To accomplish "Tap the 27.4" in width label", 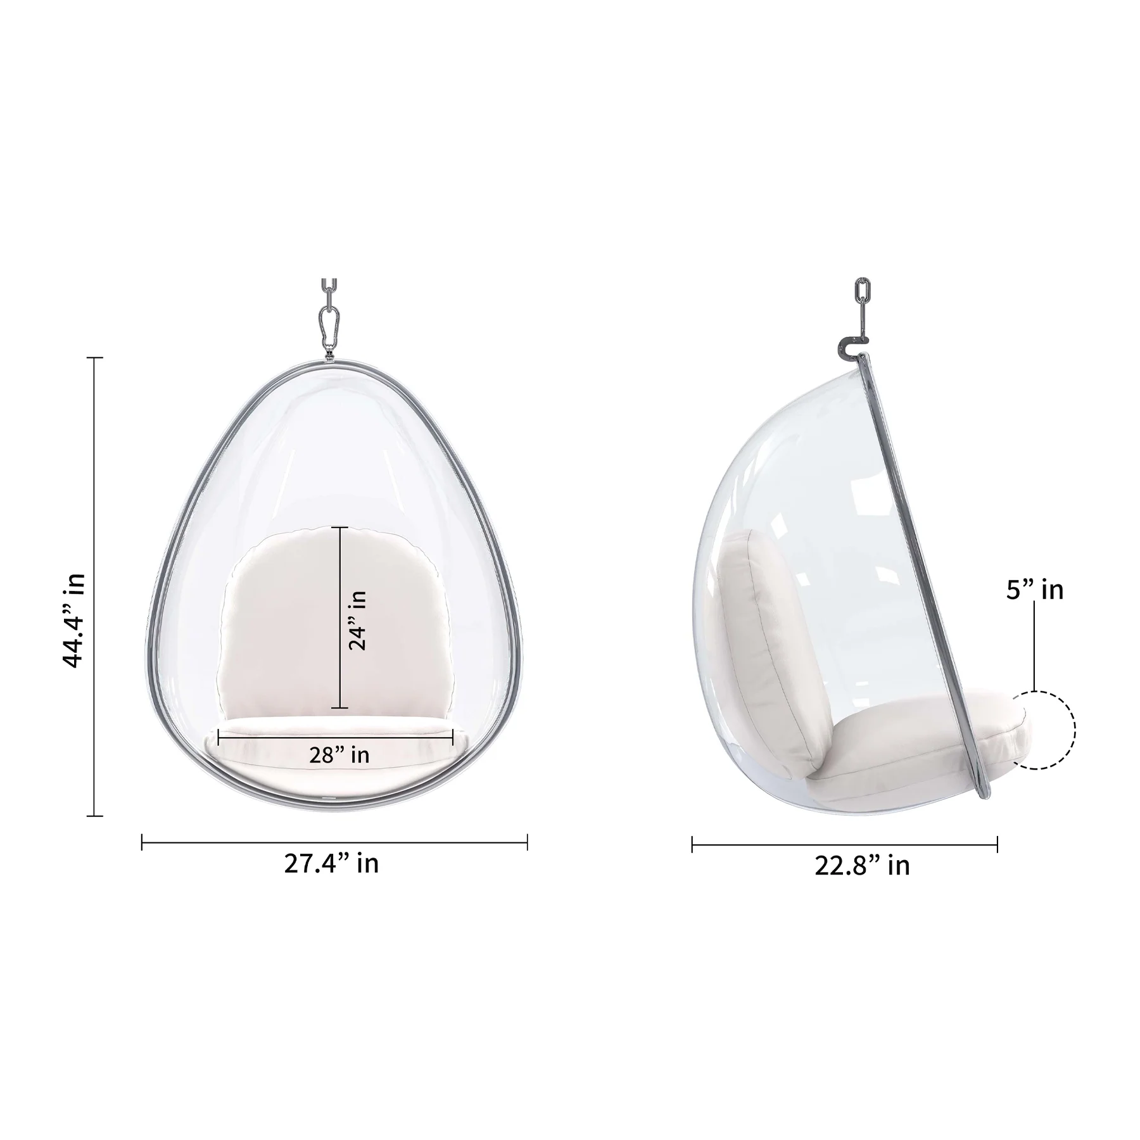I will click(x=331, y=864).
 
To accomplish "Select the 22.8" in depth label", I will click(x=861, y=866).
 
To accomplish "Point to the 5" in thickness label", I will click(x=1035, y=590).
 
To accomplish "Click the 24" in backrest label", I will click(x=358, y=621).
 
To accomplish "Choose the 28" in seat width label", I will click(x=339, y=755).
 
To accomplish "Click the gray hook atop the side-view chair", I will click(x=847, y=346).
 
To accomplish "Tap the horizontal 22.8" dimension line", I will click(x=844, y=844).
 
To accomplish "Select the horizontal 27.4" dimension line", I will click(x=334, y=842).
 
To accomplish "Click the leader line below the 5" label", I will click(x=1034, y=646).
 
